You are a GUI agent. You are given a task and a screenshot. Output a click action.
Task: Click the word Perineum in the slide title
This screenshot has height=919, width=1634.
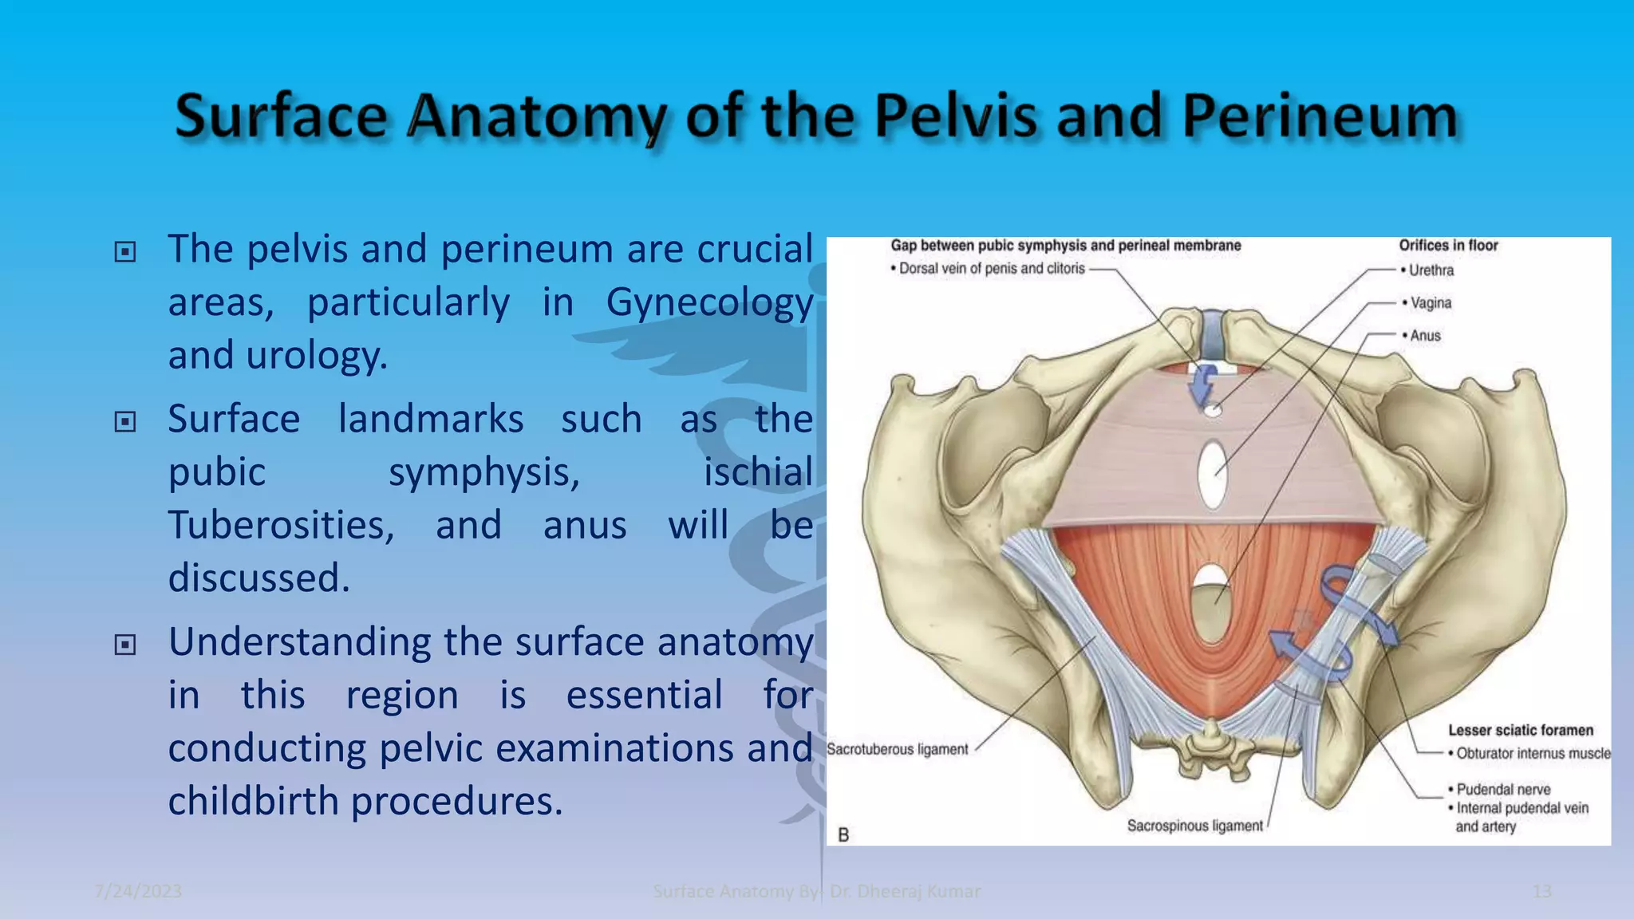pos(1320,116)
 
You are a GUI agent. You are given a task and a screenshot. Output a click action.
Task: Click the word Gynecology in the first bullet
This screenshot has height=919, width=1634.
pos(709,303)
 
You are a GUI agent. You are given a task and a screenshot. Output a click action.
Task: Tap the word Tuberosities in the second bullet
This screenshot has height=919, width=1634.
pos(281,526)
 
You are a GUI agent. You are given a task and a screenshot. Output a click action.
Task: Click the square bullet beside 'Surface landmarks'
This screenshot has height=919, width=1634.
pos(125,421)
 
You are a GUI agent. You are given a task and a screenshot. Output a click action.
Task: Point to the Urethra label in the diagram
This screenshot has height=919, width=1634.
pos(1431,270)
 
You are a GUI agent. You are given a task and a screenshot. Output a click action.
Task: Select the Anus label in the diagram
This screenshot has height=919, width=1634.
pos(1425,336)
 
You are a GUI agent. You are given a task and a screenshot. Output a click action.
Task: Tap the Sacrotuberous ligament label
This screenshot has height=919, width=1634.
pos(897,749)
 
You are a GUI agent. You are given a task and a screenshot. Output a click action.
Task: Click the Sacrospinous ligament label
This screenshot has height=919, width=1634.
pos(1194,826)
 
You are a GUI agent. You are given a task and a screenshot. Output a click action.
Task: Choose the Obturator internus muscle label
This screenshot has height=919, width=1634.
pos(1533,753)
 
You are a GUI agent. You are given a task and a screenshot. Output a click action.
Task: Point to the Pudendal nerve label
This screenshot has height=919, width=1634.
pos(1503,789)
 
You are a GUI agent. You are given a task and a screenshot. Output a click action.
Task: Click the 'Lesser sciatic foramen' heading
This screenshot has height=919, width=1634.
pos(1520,730)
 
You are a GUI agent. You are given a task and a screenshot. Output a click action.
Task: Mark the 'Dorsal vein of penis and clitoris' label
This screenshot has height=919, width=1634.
pos(992,269)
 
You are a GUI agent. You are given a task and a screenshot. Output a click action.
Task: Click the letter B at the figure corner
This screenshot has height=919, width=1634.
pos(843,834)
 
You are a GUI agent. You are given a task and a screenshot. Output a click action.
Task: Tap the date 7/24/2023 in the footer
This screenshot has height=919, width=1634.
pos(138,891)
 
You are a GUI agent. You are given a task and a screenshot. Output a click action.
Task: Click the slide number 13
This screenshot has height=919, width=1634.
pos(1541,891)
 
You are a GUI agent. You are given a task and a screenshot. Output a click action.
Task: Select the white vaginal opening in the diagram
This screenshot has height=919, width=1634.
pos(1213,475)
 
